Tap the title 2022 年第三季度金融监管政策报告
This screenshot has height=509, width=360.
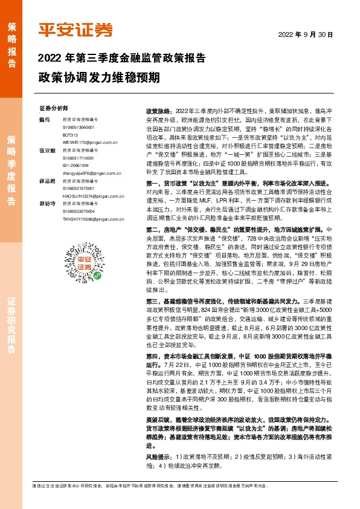[121, 59]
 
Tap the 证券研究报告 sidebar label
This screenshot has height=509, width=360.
[11, 326]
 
